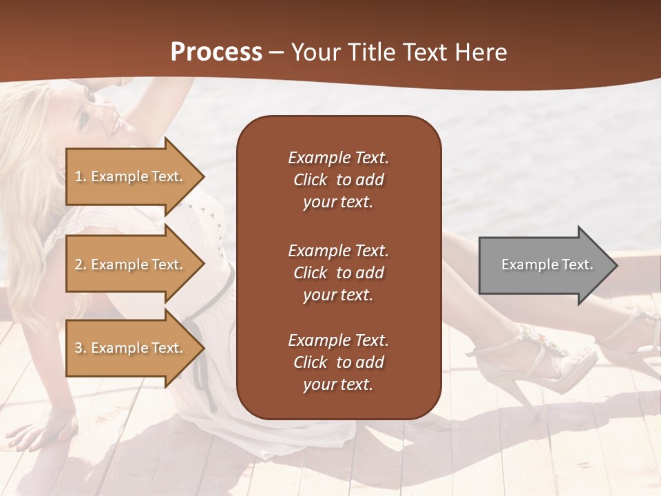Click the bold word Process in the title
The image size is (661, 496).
[216, 52]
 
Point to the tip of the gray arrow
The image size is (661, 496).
[616, 265]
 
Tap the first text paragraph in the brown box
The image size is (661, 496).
[338, 180]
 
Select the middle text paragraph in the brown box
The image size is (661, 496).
[338, 273]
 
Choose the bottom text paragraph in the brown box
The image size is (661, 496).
[338, 362]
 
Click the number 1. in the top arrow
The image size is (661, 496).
[81, 177]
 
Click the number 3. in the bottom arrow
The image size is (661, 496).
[81, 349]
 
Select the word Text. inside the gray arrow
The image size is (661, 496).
[577, 265]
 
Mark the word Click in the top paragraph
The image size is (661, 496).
[311, 180]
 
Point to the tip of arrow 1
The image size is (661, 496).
[204, 176]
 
